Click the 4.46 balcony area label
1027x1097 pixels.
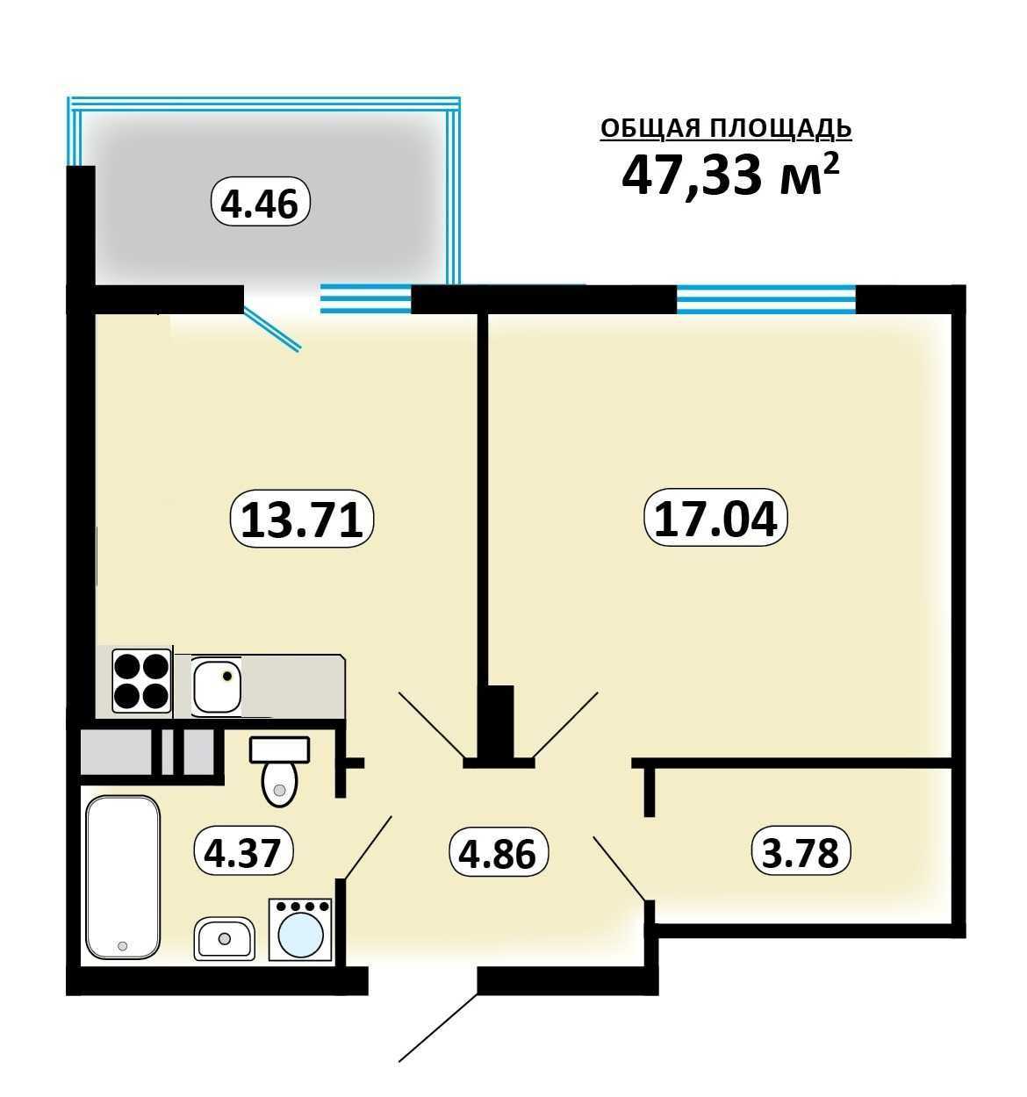click(261, 202)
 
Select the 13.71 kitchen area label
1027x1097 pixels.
click(302, 518)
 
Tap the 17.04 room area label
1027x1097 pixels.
click(715, 518)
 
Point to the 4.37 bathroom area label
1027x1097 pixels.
click(244, 852)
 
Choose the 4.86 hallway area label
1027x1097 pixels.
click(499, 853)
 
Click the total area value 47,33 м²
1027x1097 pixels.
click(730, 174)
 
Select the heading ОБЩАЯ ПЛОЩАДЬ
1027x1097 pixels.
click(726, 129)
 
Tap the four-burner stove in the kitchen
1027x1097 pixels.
click(141, 681)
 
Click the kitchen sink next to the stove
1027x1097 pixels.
click(217, 686)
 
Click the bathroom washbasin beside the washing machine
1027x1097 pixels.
click(225, 938)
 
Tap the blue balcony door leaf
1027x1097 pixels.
click(272, 330)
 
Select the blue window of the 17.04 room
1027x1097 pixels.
click(766, 299)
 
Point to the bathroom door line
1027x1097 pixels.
click(367, 848)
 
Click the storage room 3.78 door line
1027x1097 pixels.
click(620, 869)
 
